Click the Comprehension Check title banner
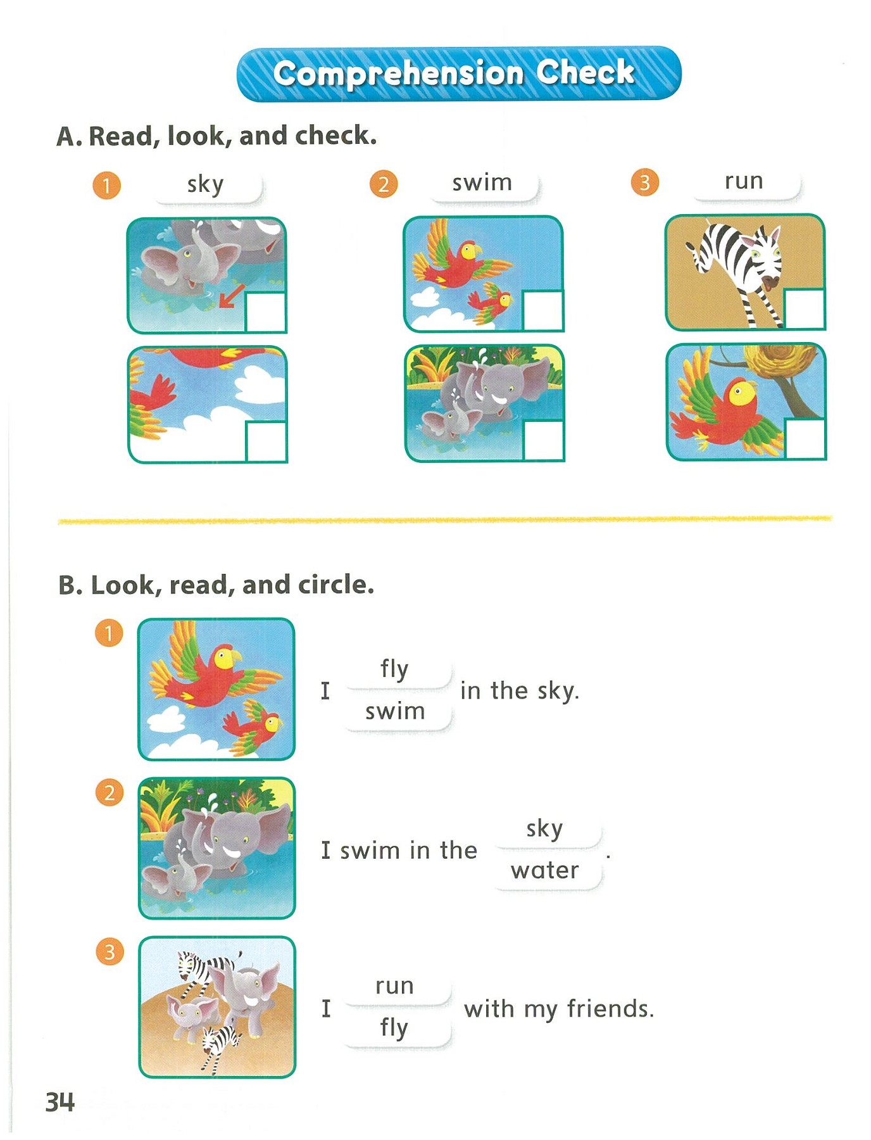click(x=458, y=73)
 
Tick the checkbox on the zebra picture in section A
click(x=804, y=309)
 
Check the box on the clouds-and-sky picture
click(x=265, y=441)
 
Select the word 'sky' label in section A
click(x=206, y=184)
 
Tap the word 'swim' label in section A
click(x=482, y=183)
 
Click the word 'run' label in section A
click(x=744, y=181)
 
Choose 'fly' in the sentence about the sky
click(x=394, y=669)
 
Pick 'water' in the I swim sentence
click(x=545, y=871)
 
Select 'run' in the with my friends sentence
click(x=394, y=986)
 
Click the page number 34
click(x=60, y=1103)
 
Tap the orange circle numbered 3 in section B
click(x=110, y=952)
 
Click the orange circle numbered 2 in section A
click(x=384, y=185)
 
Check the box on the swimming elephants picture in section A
click(x=543, y=440)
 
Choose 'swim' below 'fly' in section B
click(x=394, y=712)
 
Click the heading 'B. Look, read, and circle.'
click(x=216, y=585)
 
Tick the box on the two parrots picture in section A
click(x=542, y=310)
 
